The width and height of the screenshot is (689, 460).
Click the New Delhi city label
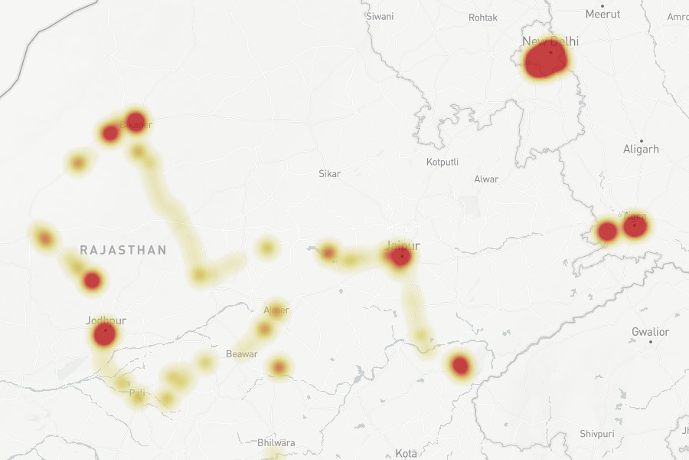coord(550,41)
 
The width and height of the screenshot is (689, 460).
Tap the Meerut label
coord(602,14)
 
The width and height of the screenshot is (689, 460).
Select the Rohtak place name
coord(483,17)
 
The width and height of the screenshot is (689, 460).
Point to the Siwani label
coord(380,16)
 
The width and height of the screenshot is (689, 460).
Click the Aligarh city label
coord(641,149)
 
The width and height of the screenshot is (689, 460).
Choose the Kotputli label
coord(443,162)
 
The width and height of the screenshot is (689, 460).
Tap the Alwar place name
coord(486,179)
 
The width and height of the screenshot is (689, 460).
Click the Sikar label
coord(329,174)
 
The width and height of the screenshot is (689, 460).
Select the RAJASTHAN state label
coord(123,250)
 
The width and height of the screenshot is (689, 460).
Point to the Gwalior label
coord(650,332)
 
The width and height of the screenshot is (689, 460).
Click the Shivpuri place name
coord(597,434)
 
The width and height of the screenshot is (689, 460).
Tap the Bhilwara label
coord(276,443)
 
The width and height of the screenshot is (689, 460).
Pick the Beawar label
coord(242,354)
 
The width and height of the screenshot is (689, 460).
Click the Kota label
coord(407,454)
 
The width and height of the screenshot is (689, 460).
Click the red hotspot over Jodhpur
coord(104,334)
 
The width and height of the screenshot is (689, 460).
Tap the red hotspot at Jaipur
coord(400,257)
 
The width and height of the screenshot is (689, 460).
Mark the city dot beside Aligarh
coord(642,140)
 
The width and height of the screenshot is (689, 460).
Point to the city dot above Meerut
coord(603,4)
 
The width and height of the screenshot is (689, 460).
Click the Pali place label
coord(137,393)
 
